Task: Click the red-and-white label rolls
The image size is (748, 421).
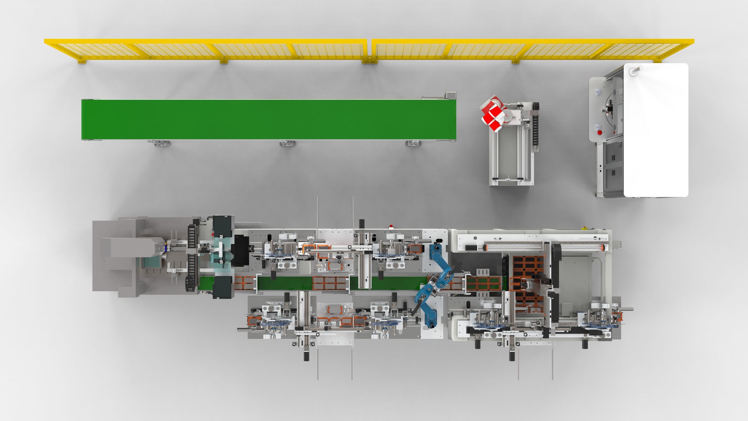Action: click(493, 113)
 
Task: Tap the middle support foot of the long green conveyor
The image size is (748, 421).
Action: click(288, 143)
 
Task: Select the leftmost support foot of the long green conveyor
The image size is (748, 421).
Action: click(159, 143)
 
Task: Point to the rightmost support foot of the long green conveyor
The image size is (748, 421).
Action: click(413, 143)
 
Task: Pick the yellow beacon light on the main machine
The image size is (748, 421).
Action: click(584, 228)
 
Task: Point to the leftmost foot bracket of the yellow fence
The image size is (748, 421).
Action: click(81, 61)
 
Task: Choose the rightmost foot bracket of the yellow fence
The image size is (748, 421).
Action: click(657, 61)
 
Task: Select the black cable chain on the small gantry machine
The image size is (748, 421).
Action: click(536, 127)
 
